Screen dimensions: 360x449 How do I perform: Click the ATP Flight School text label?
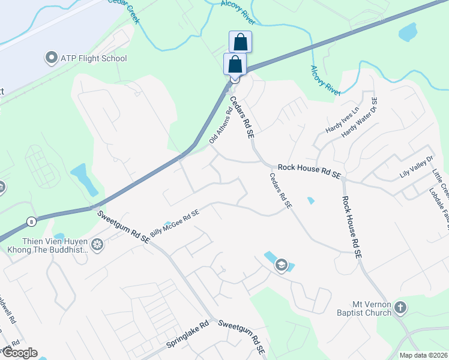tap(94, 59)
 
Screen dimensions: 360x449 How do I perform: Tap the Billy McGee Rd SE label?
tap(175, 223)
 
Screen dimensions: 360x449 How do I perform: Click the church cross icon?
tap(400, 308)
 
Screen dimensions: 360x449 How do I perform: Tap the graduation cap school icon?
tap(282, 265)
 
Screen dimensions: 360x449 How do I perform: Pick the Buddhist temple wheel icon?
tap(97, 244)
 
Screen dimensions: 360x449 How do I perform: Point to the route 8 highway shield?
tap(31, 221)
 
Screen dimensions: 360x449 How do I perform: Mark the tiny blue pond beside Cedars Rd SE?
tap(310, 200)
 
